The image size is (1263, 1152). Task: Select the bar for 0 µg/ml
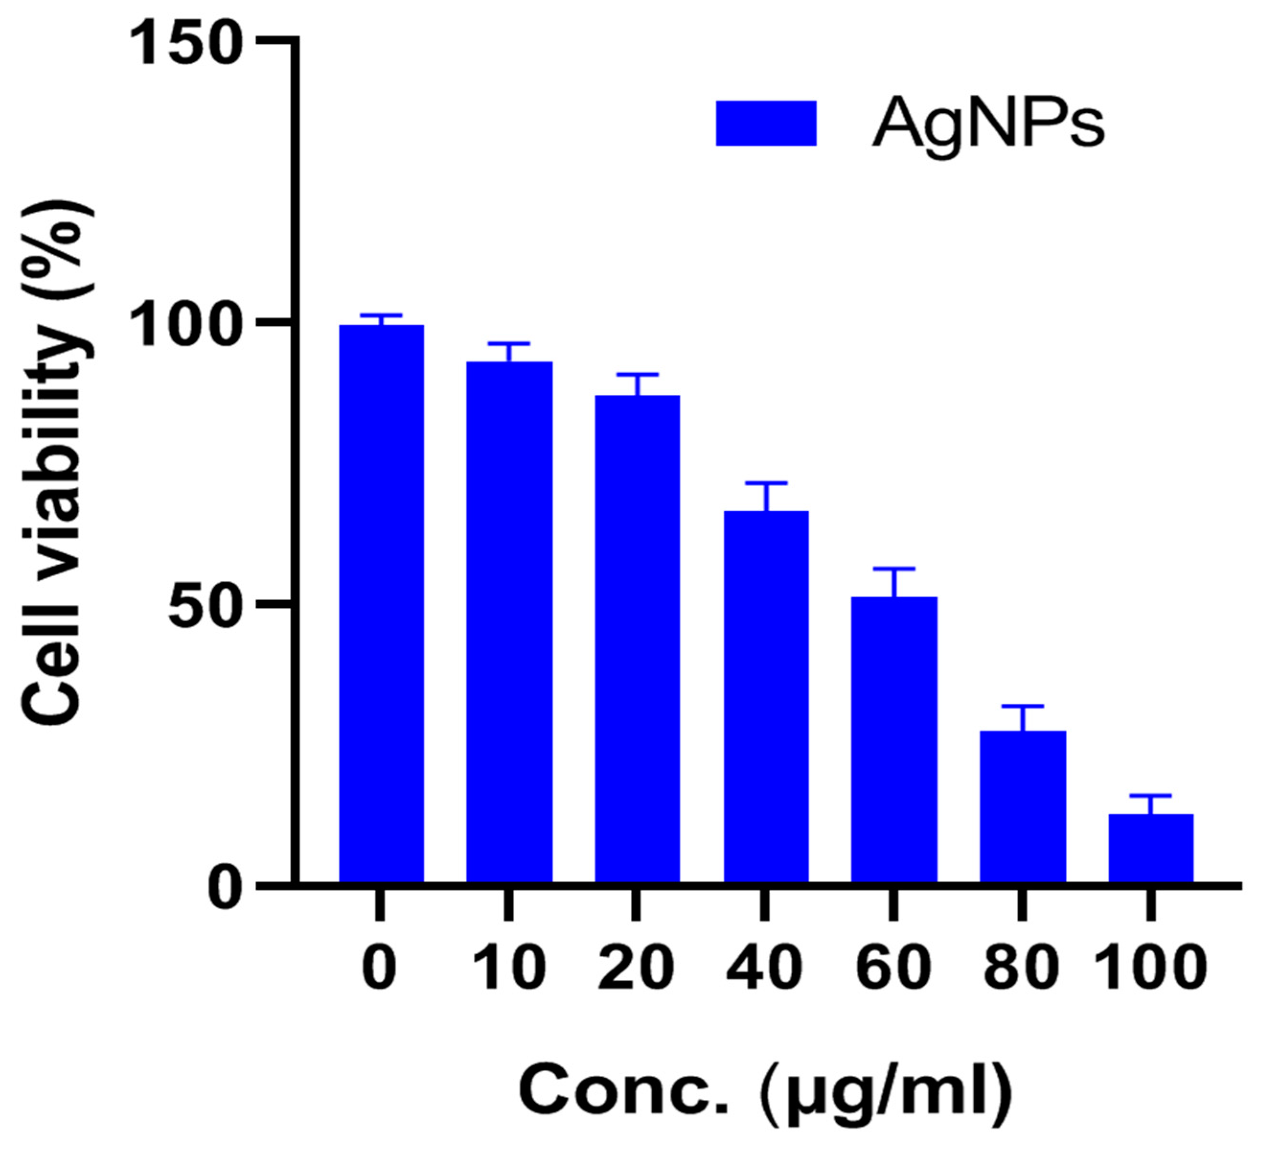coord(381,605)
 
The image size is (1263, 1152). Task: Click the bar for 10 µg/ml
coord(509,623)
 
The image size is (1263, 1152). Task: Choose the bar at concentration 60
coord(894,741)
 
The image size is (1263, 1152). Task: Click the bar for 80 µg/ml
coord(1023,808)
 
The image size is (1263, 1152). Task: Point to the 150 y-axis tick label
coord(187,45)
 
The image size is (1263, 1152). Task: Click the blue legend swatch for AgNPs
coord(765,124)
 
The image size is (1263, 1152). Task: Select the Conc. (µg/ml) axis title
coord(765,1093)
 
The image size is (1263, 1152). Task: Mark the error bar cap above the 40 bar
coord(765,484)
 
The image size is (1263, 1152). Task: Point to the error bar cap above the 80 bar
coord(1023,707)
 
